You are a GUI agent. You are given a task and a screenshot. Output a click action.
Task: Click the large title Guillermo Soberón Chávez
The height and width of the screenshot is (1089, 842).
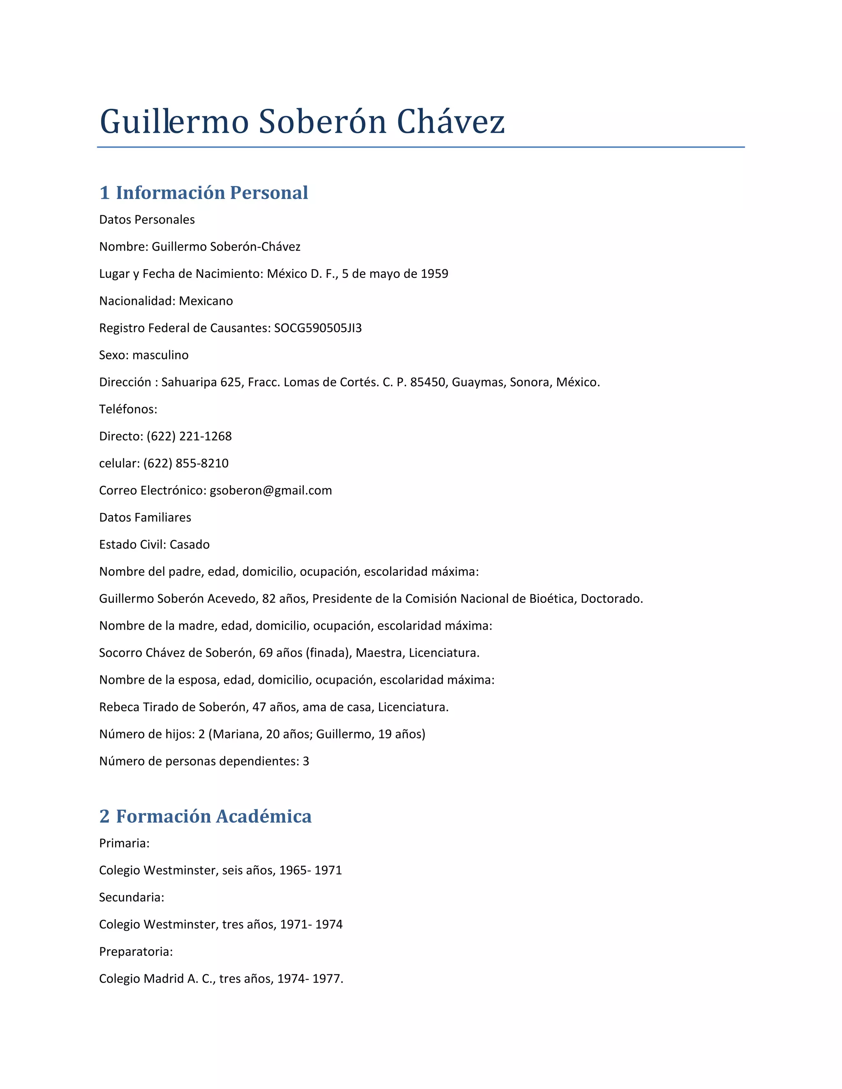[x=302, y=122]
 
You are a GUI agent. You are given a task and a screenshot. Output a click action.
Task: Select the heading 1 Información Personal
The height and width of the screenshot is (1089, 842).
[x=204, y=193]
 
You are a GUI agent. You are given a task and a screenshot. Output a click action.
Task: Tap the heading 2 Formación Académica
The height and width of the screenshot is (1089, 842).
[x=205, y=816]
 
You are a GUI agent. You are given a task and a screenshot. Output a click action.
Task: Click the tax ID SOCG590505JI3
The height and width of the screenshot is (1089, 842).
[x=318, y=328]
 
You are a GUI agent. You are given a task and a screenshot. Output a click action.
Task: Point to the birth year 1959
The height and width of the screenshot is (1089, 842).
[x=434, y=274]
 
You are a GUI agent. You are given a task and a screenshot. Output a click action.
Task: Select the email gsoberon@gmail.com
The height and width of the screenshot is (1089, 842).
[x=271, y=491]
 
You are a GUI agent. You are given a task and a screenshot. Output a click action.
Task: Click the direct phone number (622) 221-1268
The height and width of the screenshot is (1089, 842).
[x=189, y=436]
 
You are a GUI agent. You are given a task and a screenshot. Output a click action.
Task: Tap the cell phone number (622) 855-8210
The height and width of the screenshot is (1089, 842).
[x=185, y=463]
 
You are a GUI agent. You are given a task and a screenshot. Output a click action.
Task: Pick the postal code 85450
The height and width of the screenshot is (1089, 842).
[x=427, y=383]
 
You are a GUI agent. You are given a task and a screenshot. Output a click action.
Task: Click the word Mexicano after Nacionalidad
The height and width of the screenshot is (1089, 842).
[x=206, y=301]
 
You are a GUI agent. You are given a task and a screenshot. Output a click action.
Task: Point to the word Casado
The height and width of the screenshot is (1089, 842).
[x=190, y=544]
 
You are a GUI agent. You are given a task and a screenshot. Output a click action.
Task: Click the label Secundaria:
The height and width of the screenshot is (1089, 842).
[x=132, y=898]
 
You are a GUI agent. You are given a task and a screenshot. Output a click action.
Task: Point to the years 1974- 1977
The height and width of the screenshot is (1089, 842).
[x=310, y=979]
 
